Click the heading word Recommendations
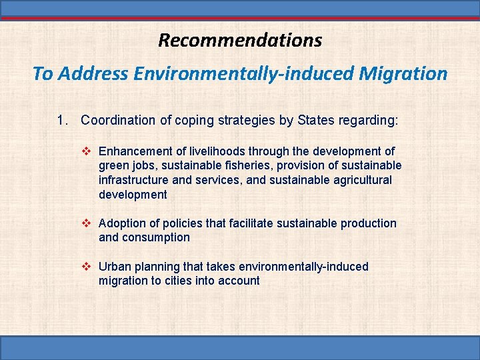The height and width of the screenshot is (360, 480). (240, 40)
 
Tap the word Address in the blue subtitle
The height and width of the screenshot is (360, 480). (93, 73)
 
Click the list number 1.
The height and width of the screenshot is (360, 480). (62, 121)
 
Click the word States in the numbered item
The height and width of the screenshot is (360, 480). (317, 121)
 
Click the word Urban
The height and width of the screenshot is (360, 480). (114, 267)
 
